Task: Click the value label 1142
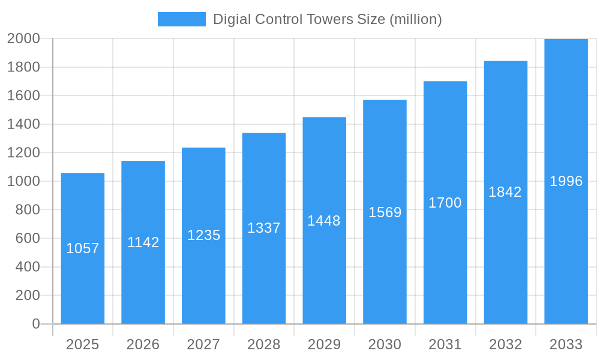click(143, 242)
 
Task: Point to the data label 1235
click(204, 235)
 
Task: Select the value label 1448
click(324, 221)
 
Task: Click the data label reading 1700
click(445, 203)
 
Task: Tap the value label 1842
click(505, 192)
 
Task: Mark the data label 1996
click(566, 181)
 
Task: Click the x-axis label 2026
click(143, 344)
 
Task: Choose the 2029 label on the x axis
click(324, 344)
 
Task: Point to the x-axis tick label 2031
click(445, 344)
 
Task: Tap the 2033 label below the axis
click(566, 344)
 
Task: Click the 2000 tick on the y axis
click(23, 38)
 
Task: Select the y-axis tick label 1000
click(23, 181)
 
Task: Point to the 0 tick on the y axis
click(36, 324)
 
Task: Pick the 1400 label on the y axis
click(23, 124)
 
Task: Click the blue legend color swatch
click(181, 19)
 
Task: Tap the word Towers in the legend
click(326, 19)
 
